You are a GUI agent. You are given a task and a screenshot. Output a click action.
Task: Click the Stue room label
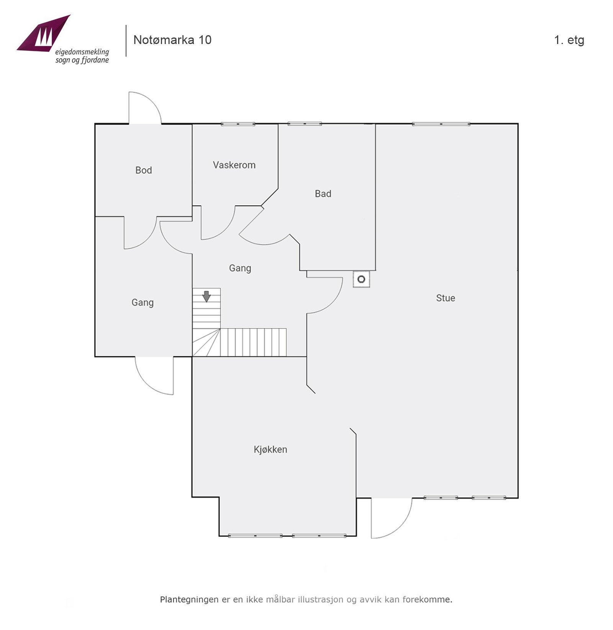446,298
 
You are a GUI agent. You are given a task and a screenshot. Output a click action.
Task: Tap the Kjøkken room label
270,449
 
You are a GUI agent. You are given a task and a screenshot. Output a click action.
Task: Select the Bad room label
323,194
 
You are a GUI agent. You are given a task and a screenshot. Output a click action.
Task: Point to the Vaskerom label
234,165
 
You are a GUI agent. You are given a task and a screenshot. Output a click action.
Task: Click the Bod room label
144,170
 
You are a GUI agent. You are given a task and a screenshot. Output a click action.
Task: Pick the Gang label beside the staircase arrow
240,268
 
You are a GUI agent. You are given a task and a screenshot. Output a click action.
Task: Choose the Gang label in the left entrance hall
143,303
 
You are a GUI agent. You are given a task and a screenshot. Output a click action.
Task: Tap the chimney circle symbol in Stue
361,279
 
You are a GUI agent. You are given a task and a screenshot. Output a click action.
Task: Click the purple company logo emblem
44,34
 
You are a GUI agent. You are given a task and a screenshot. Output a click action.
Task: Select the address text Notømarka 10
172,40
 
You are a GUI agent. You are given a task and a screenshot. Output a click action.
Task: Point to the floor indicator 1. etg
569,40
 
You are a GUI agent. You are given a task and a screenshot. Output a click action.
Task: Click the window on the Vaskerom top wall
238,124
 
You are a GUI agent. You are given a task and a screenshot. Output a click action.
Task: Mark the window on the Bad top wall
305,124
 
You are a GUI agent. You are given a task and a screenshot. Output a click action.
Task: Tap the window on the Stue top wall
441,124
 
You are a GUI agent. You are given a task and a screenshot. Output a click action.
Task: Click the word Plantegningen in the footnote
189,600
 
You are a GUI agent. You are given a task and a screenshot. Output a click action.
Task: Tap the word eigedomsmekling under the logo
82,52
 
